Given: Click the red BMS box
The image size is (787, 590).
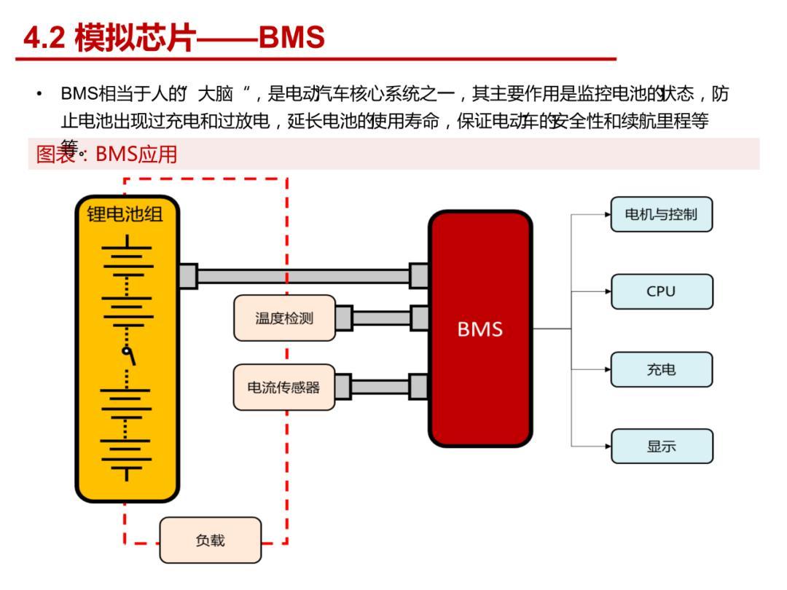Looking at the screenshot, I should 479,329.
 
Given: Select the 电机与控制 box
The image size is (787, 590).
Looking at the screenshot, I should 661,214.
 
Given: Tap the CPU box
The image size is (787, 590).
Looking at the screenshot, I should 661,291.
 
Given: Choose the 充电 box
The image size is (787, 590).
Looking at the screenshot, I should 661,369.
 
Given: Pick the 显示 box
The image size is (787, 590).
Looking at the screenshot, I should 661,447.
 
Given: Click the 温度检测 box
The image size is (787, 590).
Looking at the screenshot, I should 284,318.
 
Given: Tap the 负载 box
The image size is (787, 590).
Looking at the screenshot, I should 211,540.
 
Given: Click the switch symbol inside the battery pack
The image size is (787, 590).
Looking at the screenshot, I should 128,355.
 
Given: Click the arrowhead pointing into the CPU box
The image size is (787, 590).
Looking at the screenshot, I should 607,291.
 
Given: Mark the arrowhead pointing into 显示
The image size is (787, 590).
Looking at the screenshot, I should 607,447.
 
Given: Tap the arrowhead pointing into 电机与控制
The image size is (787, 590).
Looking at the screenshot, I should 607,214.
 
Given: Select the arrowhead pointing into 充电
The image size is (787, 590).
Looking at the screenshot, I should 607,369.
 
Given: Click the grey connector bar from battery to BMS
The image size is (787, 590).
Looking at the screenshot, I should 303,276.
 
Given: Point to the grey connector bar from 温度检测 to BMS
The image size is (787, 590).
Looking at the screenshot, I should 381,318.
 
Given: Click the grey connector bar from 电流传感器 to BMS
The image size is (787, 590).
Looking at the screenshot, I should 380,387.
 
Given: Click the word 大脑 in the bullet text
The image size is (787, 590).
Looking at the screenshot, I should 216,95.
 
